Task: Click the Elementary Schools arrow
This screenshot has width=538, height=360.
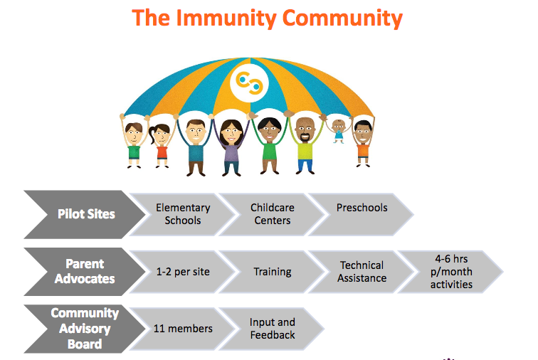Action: coord(183,214)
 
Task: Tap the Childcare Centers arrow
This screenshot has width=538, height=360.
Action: coord(273,214)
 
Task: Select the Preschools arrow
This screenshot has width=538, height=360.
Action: coord(362,214)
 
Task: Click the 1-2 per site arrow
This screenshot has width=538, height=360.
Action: coord(183,271)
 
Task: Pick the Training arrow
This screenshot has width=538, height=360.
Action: coord(273,271)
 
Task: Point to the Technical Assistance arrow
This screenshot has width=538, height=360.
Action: coord(362,271)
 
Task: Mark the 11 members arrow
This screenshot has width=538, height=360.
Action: coord(183,328)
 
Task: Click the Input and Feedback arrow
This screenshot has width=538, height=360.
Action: coord(273,328)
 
